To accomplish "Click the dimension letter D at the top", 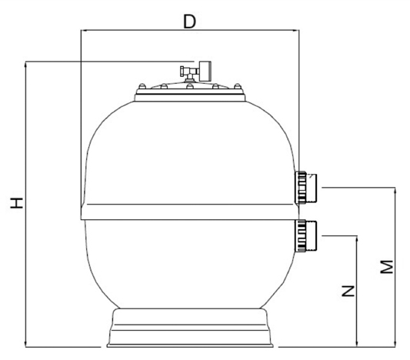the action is pos(189,22).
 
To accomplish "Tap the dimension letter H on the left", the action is pos(17,203).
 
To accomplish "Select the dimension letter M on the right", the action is pos(386,267).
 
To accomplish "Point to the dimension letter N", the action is pos(348,291).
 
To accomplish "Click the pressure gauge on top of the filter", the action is pos(205,71).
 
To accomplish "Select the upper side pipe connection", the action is pos(305,188).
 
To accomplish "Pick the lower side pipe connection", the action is pos(305,236).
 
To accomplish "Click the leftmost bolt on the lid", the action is pos(142,86).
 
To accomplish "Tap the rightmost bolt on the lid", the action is pos(238,86).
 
